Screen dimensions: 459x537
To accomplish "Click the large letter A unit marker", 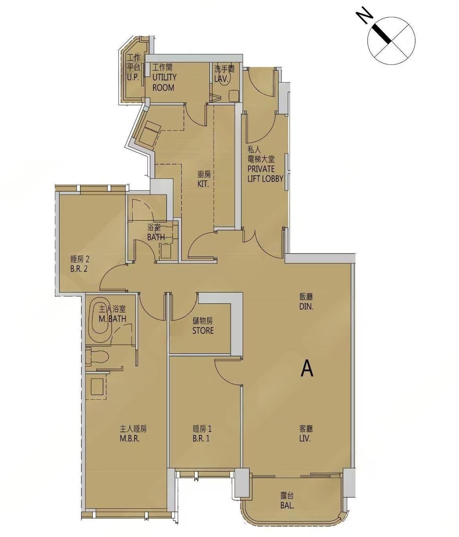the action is tap(307, 370).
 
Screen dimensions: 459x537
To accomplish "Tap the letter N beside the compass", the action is tap(365, 16).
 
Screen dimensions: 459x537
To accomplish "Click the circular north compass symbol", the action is tap(391, 41).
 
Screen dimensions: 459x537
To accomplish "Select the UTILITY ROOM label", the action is tap(164, 82).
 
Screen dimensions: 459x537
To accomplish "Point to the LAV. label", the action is tap(221, 79).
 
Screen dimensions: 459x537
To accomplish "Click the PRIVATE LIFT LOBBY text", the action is tap(265, 173).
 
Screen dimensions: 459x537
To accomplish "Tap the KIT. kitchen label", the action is tap(204, 184).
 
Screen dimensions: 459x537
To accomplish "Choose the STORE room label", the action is tap(203, 330).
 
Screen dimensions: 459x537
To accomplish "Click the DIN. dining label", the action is tap(306, 307).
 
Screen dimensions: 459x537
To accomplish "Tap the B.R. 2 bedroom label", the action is tap(78, 269).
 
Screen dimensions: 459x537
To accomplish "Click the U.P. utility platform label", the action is tap(133, 77).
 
